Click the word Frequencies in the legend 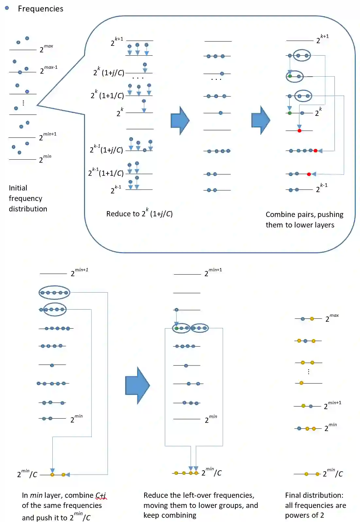[x=41, y=9]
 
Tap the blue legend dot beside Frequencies [x=7, y=8]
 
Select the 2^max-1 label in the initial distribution [x=48, y=70]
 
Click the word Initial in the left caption [x=18, y=188]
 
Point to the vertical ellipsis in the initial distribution [x=23, y=103]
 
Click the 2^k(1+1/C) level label [x=107, y=95]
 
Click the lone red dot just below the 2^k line [x=299, y=131]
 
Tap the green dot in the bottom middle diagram [x=177, y=328]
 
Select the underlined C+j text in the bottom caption [x=101, y=495]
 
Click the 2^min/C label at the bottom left [x=27, y=474]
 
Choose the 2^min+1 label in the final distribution [x=332, y=405]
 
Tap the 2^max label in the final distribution [x=332, y=318]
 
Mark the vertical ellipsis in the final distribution [x=308, y=372]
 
